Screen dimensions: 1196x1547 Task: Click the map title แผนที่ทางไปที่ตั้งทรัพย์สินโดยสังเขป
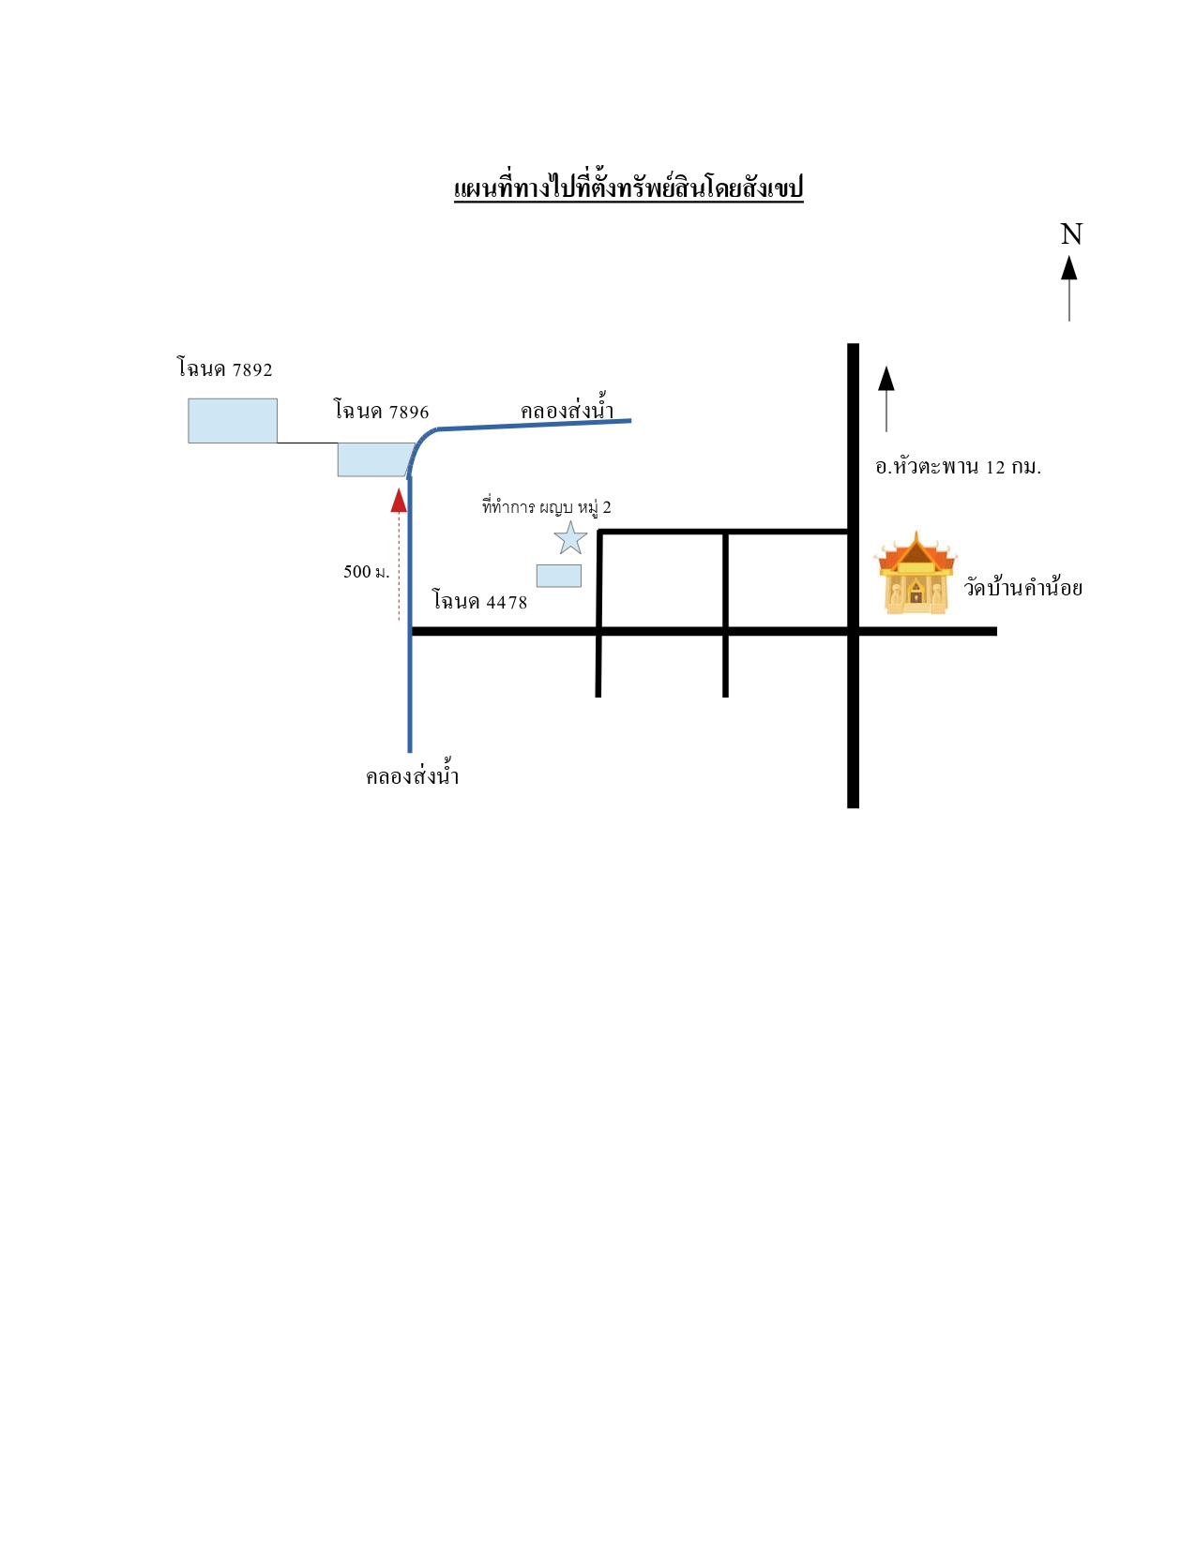628,188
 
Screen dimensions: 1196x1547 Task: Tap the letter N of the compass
1070,234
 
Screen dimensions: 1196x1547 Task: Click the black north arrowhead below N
1068,268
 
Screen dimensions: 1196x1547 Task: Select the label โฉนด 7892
224,368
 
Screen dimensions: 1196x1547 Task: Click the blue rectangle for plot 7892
233,421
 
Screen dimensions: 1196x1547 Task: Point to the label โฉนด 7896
381,410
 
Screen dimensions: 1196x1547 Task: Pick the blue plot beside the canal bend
375,459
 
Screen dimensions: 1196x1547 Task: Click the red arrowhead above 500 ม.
399,501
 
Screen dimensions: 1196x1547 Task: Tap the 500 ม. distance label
366,572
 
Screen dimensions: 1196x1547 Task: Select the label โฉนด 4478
479,601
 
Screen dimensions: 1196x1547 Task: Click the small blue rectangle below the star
558,576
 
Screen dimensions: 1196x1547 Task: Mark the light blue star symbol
570,539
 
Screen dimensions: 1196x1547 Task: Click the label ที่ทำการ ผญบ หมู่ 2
546,508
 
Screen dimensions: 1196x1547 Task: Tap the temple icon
916,573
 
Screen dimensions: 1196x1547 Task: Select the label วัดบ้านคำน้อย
1022,587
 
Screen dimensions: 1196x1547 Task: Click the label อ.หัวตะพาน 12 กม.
958,466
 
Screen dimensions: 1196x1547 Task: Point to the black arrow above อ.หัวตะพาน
886,398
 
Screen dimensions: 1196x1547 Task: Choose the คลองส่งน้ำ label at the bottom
413,773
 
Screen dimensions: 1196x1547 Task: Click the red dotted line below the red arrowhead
399,566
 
